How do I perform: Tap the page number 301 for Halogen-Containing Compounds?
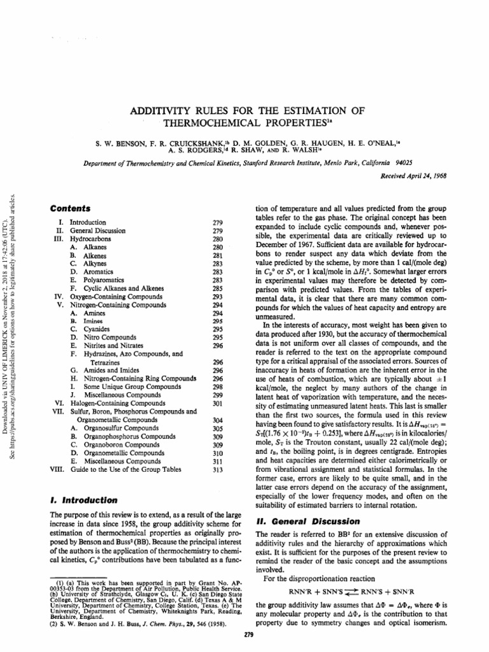pyautogui.click(x=217, y=404)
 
